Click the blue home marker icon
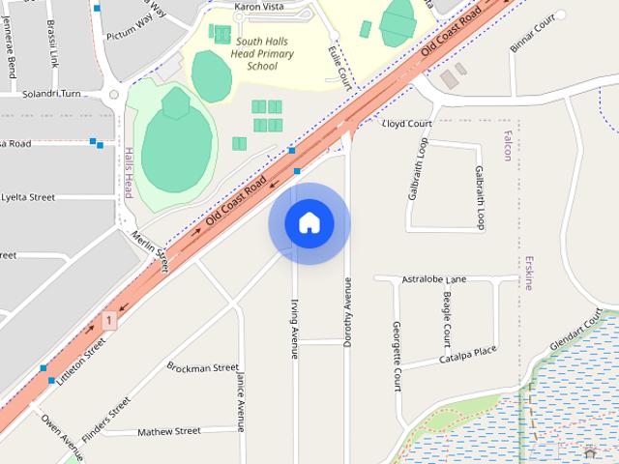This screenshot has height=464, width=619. (x=309, y=222)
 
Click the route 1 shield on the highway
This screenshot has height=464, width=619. (x=110, y=319)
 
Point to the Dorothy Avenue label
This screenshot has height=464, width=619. (x=347, y=311)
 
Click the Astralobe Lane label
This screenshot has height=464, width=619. (x=434, y=278)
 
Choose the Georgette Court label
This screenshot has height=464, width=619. (x=398, y=355)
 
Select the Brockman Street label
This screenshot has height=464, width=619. (x=202, y=367)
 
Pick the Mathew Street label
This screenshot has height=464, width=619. (x=168, y=430)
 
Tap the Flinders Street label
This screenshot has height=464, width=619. (x=106, y=419)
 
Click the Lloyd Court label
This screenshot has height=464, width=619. (x=406, y=124)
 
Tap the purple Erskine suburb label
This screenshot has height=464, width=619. (x=528, y=273)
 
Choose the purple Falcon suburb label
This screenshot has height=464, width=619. (x=507, y=145)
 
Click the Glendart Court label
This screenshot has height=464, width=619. (x=575, y=332)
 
